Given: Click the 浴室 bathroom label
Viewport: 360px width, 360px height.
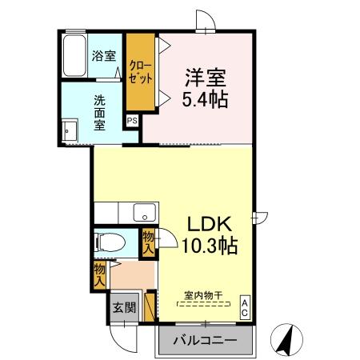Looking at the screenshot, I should coord(104,56).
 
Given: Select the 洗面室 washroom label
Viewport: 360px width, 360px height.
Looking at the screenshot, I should coord(100,113).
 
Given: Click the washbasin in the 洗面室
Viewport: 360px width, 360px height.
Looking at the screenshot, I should coord(69,131).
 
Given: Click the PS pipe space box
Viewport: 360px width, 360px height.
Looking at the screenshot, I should coord(132,120).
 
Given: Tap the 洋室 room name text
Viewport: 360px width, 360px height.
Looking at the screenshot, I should coord(206,78).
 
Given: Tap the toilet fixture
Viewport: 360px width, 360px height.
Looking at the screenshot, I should coord(107,241).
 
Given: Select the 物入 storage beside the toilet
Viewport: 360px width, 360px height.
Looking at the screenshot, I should coord(148,242).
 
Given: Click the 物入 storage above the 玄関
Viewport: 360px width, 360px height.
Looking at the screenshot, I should coord(99,275).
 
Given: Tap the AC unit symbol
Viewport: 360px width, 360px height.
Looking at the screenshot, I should coord(245,307).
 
